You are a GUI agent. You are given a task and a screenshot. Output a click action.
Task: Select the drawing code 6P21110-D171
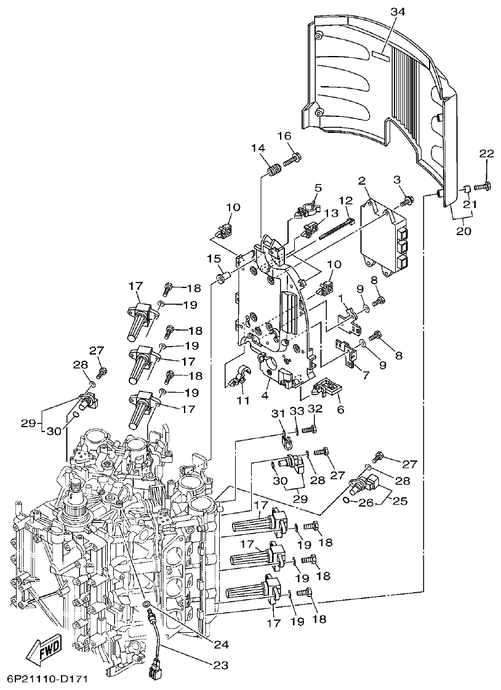[48, 680]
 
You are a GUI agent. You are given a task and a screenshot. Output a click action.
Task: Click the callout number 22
[486, 153]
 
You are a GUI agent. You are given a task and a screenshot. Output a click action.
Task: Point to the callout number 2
[363, 180]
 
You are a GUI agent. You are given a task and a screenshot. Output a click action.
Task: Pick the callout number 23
[221, 665]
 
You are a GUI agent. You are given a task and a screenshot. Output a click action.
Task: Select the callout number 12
[345, 200]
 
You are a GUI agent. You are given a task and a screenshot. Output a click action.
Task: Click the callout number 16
[284, 135]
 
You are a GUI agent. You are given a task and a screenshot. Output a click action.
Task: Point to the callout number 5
[318, 188]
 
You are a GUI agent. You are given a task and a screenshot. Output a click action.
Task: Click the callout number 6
[340, 409]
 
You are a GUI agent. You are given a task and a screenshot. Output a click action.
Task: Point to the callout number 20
[463, 231]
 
